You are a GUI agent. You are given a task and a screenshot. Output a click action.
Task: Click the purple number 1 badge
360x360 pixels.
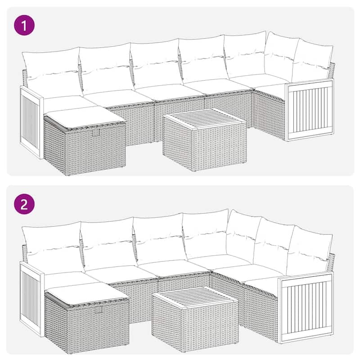pyautogui.click(x=25, y=26)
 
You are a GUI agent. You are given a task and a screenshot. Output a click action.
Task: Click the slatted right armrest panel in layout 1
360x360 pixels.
pyautogui.click(x=310, y=109)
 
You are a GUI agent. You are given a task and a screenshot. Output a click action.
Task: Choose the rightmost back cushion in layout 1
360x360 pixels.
pyautogui.click(x=313, y=61)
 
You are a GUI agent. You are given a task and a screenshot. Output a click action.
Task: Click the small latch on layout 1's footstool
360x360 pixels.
pyautogui.click(x=95, y=132)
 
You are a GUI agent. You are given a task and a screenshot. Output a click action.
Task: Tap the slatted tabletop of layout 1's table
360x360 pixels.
pyautogui.click(x=205, y=118)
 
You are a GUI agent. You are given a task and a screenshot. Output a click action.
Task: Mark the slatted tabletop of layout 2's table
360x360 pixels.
pyautogui.click(x=194, y=297)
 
